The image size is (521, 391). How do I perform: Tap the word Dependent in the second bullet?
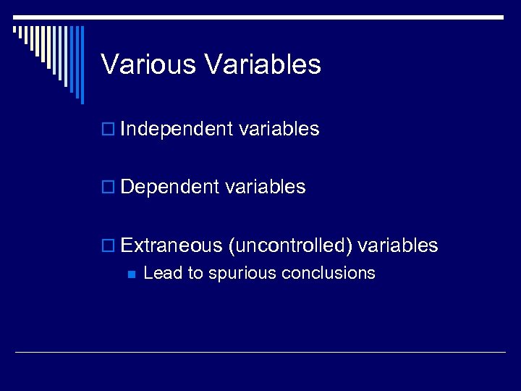click(170, 187)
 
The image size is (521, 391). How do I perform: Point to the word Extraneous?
click(171, 245)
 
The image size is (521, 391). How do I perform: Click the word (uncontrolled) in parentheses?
click(289, 246)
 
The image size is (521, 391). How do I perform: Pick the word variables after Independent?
click(279, 129)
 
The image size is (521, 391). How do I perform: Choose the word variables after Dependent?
click(266, 187)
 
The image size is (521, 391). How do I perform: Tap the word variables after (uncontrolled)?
click(398, 245)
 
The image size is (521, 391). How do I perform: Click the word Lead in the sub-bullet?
click(160, 273)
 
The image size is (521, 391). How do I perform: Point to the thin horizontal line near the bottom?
click(260, 353)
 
